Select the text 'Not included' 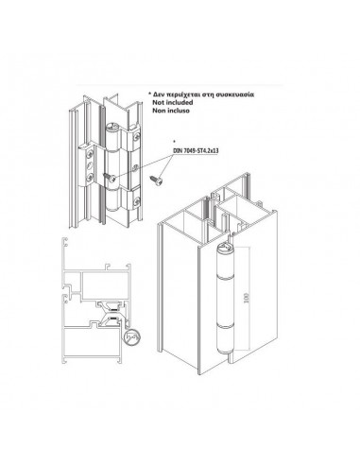pos(173,102)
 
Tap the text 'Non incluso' pos(171,111)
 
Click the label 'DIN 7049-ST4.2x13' pos(196,150)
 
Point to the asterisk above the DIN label pos(175,141)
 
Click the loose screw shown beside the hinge pos(157,180)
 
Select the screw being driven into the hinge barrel pos(111,177)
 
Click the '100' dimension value pos(246,297)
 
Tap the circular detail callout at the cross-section pos(132,337)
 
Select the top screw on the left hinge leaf pos(90,154)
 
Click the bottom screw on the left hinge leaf pos(90,177)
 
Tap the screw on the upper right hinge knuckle pos(136,137)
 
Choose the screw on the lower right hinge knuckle pos(136,201)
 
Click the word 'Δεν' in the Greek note pos(159,95)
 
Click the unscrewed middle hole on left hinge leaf pos(90,164)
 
